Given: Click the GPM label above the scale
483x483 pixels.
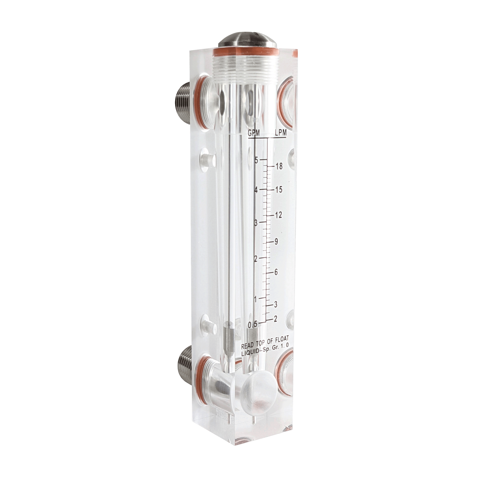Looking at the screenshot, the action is point(254,133).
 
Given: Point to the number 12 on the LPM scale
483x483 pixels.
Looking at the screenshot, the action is point(278,215).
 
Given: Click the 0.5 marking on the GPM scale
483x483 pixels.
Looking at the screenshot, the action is point(252,325).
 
